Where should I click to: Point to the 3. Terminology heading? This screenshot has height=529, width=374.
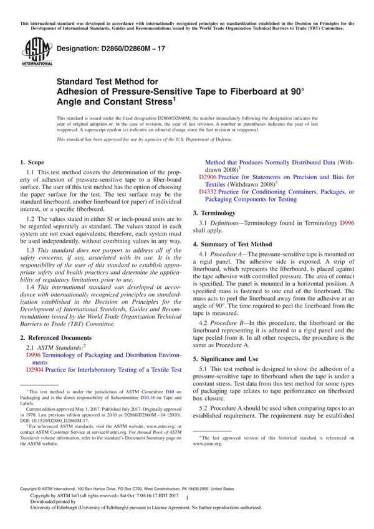point(218,213)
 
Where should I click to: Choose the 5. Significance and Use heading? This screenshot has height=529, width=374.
point(229,359)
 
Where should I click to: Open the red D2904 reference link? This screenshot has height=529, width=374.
point(34,370)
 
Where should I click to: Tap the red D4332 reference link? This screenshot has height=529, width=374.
point(207,192)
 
